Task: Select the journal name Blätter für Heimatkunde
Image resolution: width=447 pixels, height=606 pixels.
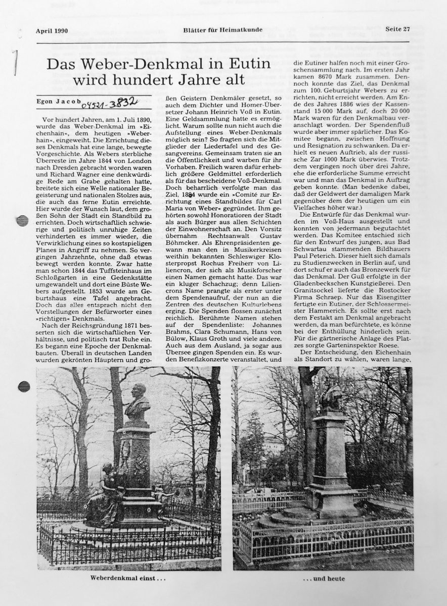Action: tap(222, 30)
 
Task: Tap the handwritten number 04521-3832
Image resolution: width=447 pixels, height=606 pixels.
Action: tap(106, 101)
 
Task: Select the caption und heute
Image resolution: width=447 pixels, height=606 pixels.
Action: tap(322, 578)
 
